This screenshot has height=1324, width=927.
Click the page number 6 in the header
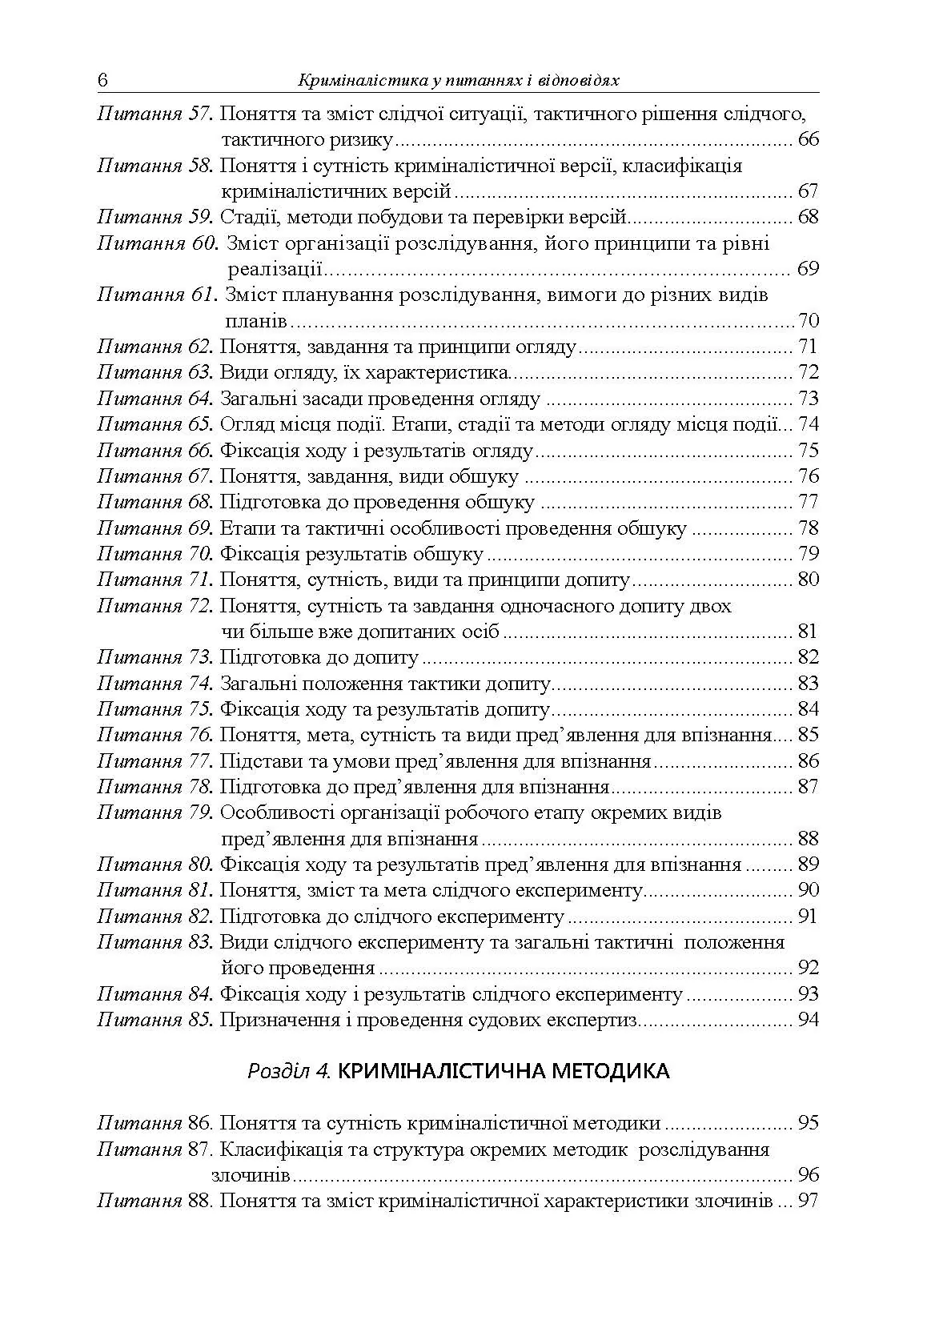(102, 82)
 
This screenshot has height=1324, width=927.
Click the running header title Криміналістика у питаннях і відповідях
(459, 82)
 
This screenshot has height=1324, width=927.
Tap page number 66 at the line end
(809, 140)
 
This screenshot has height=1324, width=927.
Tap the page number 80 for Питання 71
(809, 580)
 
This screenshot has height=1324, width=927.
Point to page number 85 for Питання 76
(809, 735)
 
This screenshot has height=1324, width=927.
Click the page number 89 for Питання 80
(809, 865)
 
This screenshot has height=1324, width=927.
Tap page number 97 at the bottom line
(809, 1202)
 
